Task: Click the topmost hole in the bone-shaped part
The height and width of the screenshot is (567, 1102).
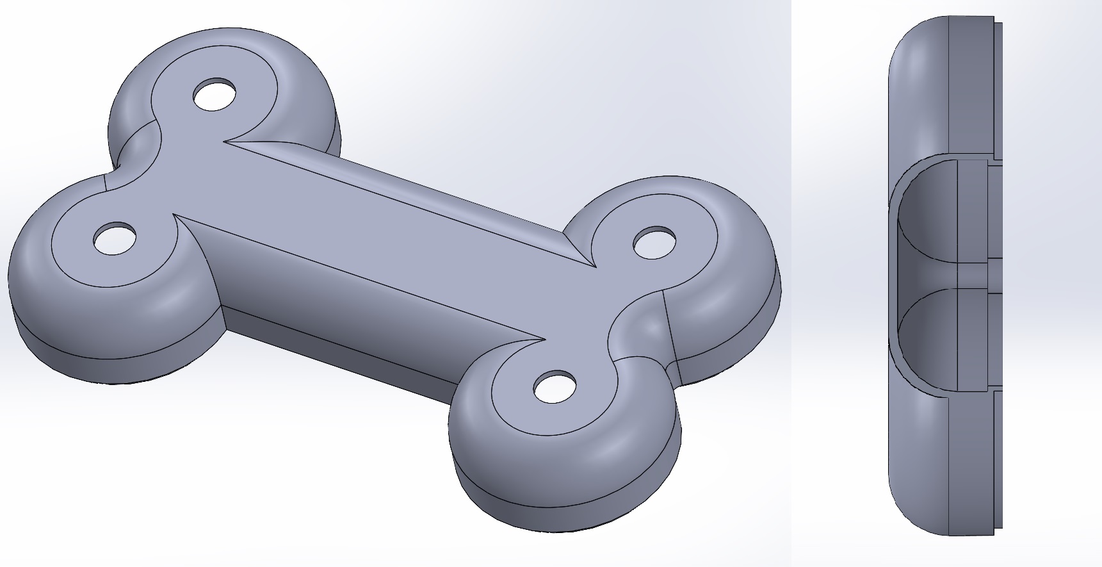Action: coord(215,95)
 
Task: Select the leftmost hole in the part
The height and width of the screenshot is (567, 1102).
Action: coord(115,238)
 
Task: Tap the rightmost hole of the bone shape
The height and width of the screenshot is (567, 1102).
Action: coord(655,243)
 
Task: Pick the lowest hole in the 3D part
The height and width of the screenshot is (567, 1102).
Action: coord(555,387)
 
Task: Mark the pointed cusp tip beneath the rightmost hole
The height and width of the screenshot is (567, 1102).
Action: coord(595,266)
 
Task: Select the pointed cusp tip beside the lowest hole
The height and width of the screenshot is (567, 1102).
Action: coord(544,339)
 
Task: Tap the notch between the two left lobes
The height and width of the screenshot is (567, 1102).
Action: coord(118,168)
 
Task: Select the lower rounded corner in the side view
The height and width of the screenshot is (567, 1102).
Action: coord(909,506)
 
